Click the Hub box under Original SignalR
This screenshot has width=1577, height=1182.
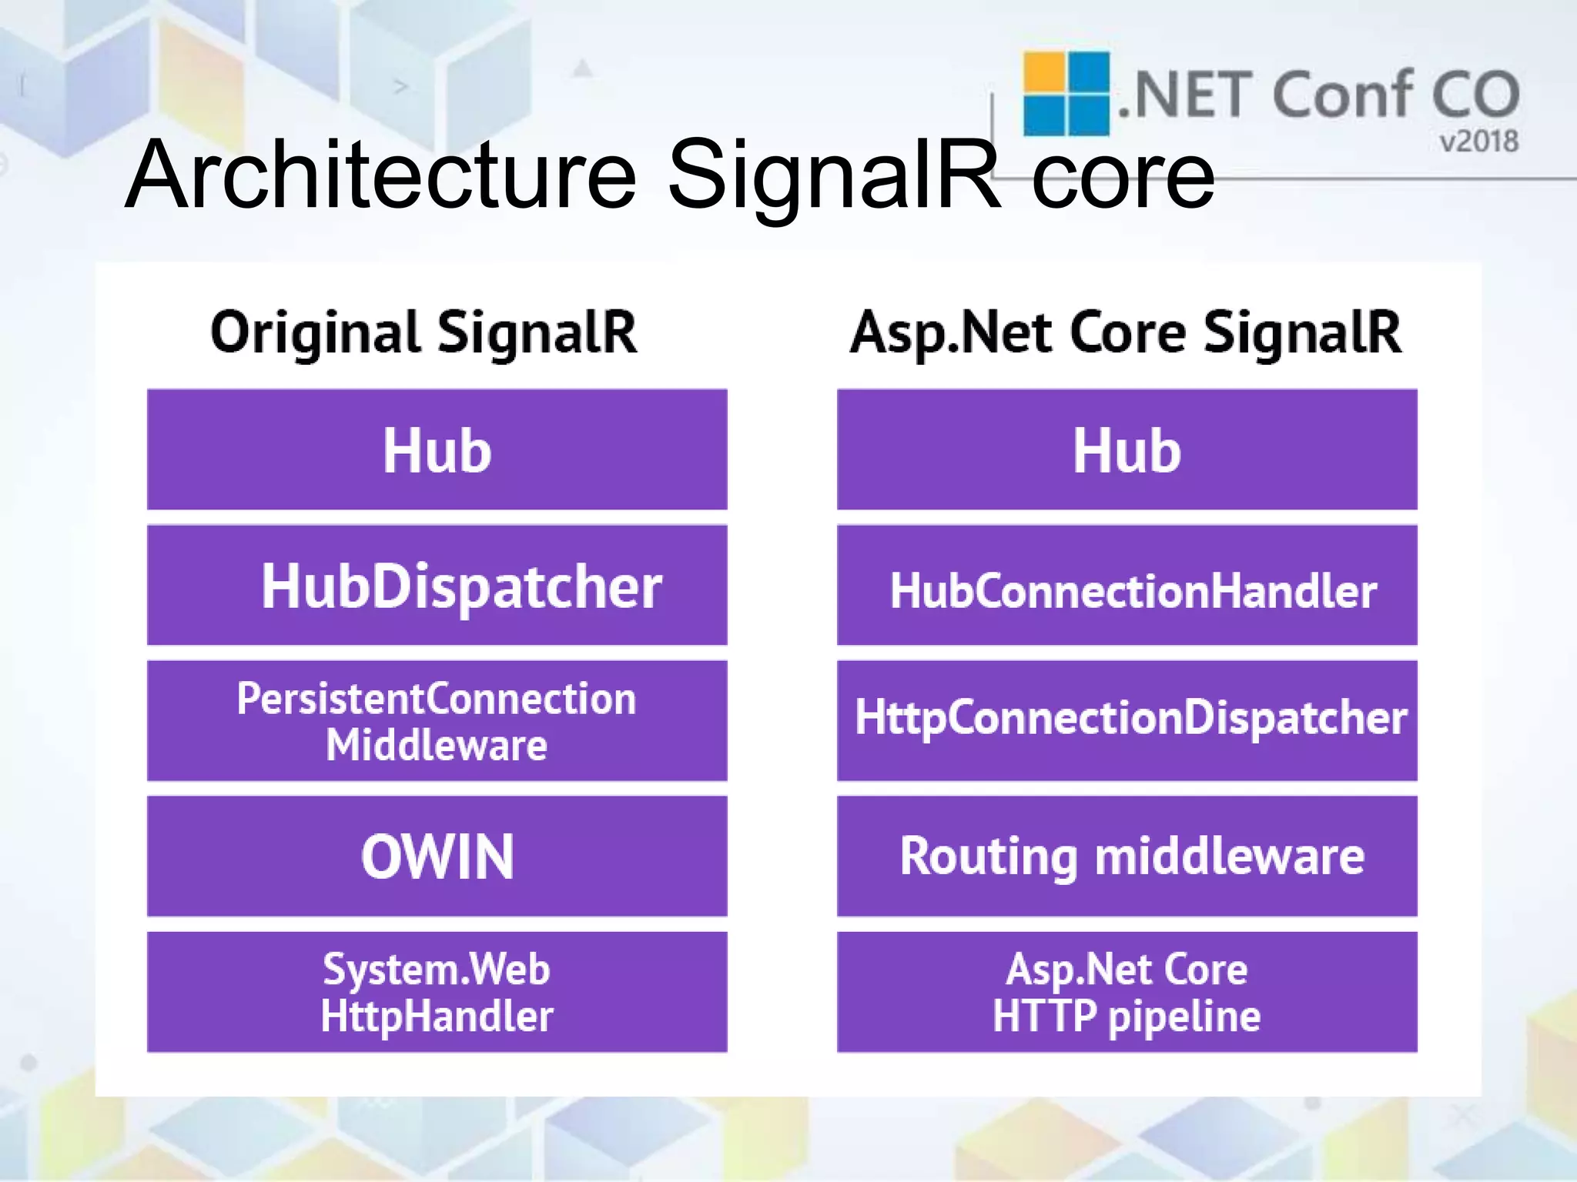pos(437,449)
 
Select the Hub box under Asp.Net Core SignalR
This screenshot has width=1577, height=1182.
pos(1127,449)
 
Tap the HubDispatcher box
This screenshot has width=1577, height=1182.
pos(437,586)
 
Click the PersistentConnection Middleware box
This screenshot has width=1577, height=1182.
pos(437,721)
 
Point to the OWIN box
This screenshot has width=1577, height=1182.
pos(437,856)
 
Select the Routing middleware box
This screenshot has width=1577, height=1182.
pos(1127,856)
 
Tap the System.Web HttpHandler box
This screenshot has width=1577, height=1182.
pos(437,992)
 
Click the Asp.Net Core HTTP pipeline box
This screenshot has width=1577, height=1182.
pos(1127,992)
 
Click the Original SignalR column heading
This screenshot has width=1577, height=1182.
pos(424,332)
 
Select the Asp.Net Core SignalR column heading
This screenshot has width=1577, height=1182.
pos(1126,332)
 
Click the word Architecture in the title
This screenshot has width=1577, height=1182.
pos(381,175)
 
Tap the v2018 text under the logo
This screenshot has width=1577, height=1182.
pos(1478,142)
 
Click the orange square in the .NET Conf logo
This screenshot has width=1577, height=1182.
pos(1043,73)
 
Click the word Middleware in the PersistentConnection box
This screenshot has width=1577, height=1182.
pos(436,745)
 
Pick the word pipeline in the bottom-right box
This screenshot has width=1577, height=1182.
pos(1184,1017)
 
